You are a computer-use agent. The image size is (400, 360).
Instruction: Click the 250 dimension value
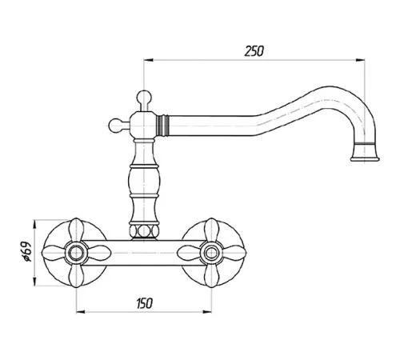pos(254,51)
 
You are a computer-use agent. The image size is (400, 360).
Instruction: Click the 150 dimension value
pos(144,303)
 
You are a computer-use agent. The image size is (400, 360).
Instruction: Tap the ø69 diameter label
pos(27,252)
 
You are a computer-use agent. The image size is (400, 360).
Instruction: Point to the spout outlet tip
pos(365,159)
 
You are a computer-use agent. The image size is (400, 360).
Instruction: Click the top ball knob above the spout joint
pos(144,97)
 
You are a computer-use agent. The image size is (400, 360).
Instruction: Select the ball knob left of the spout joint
pos(115,126)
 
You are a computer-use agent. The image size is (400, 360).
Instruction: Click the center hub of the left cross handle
pos(76,253)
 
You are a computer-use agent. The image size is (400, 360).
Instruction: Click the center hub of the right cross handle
pos(211,253)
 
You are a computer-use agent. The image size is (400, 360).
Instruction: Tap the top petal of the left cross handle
pos(76,230)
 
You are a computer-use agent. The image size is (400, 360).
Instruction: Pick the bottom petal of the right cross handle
pos(211,275)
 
